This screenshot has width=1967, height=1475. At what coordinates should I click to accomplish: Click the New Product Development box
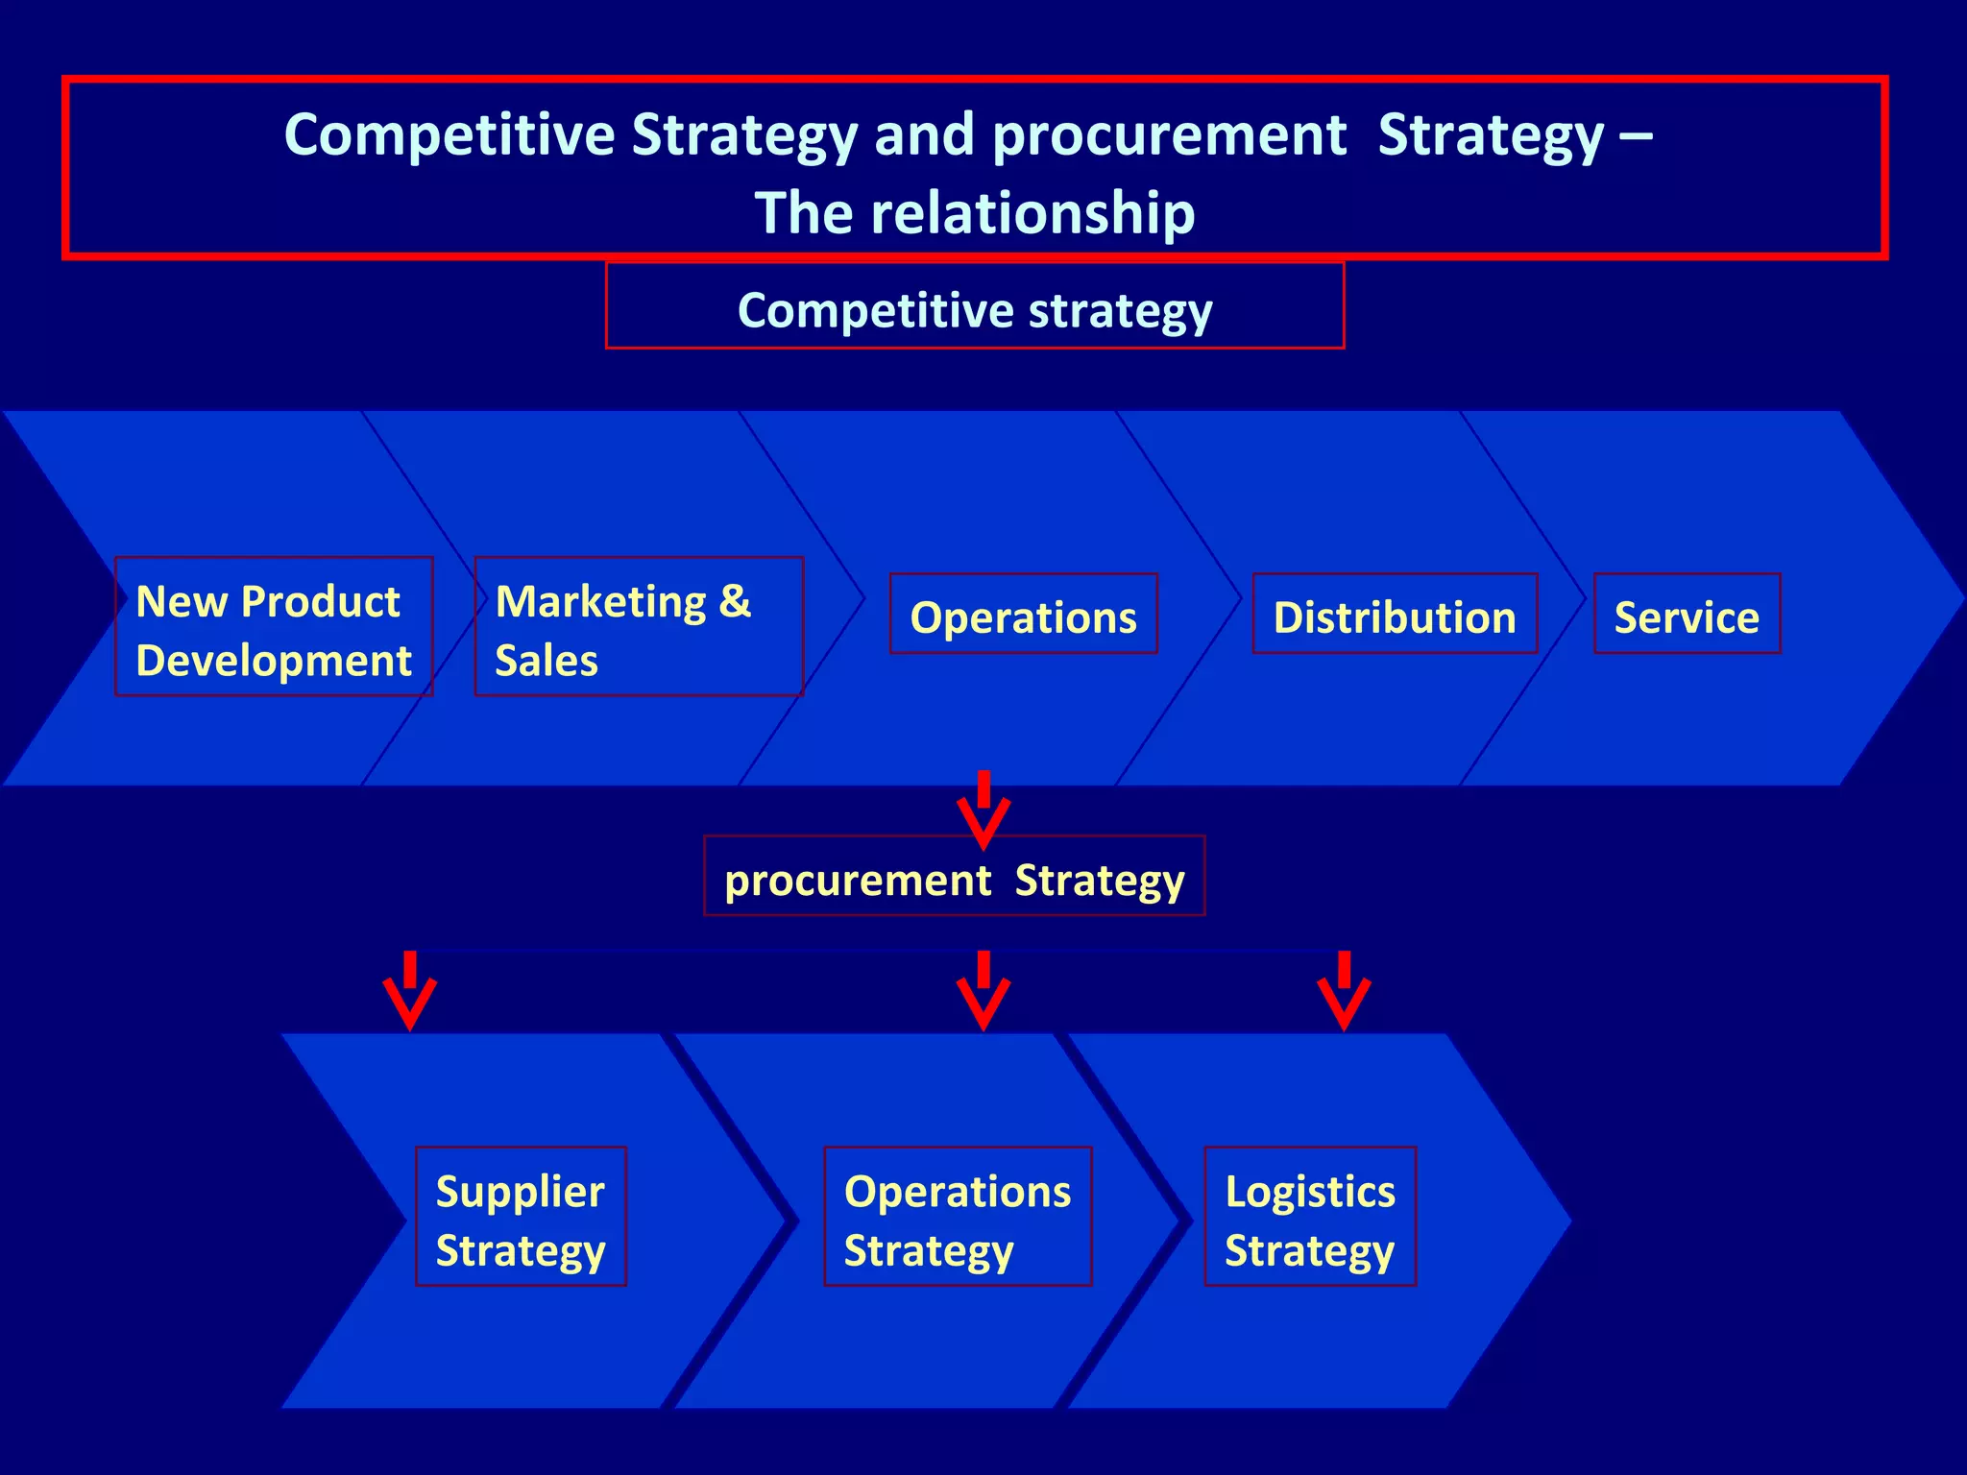(x=274, y=626)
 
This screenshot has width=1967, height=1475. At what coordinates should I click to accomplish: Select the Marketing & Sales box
(x=639, y=626)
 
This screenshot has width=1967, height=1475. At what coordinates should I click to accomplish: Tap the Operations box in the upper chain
(x=1023, y=615)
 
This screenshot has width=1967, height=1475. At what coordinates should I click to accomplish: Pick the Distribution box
(x=1395, y=615)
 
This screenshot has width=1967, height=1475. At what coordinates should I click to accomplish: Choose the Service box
(x=1687, y=615)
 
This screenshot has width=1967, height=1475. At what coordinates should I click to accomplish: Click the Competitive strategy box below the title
(x=974, y=305)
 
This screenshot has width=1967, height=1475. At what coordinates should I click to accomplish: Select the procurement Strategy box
(x=954, y=877)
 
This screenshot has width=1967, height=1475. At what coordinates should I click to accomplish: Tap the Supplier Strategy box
(x=521, y=1217)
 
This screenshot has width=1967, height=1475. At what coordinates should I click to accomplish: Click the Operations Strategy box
(x=958, y=1217)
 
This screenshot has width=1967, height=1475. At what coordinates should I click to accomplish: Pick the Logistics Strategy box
(x=1310, y=1217)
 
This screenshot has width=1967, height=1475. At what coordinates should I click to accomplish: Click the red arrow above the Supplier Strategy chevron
(x=410, y=991)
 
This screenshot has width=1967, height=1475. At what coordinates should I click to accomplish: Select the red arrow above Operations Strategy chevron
(x=983, y=991)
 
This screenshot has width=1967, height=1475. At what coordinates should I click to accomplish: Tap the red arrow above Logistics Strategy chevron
(x=1344, y=991)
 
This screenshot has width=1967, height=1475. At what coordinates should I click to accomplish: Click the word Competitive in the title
(x=449, y=134)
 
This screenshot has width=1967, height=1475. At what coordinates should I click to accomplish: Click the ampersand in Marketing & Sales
(x=735, y=601)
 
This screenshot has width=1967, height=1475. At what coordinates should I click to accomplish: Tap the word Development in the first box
(x=274, y=661)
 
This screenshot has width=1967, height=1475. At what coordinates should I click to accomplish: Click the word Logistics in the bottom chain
(x=1310, y=1192)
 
